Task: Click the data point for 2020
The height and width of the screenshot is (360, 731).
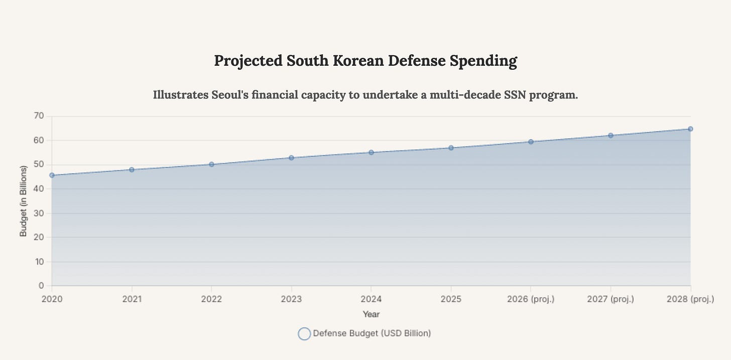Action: pos(52,175)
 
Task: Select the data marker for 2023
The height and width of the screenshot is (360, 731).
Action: pos(291,158)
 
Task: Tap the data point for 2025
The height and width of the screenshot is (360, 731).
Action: pos(451,148)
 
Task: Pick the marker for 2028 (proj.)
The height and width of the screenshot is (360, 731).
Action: pos(690,129)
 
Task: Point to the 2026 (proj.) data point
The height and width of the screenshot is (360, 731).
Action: pos(531,142)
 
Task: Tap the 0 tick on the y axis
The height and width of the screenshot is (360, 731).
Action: pos(42,286)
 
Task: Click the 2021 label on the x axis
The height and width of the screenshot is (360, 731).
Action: pos(132,299)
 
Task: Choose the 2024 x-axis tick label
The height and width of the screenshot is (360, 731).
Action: pos(371,299)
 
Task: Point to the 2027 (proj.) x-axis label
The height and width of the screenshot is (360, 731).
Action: pos(611,299)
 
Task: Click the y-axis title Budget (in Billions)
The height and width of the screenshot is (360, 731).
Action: pos(23,201)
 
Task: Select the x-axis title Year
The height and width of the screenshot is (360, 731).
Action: pos(371,314)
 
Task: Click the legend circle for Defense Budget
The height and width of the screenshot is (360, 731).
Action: pos(304,333)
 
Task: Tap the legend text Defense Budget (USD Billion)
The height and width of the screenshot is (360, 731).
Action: pos(372,333)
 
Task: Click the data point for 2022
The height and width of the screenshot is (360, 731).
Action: pos(211,164)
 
